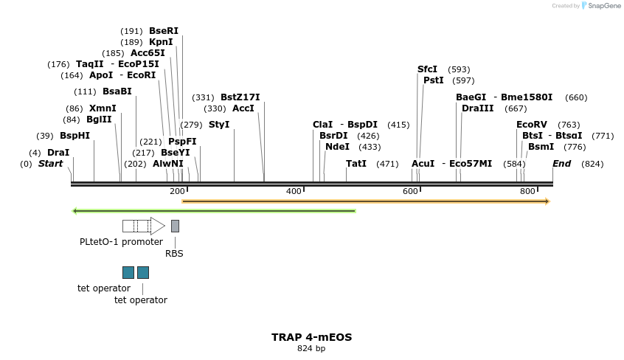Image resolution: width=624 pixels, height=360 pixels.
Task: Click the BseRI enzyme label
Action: (164, 31)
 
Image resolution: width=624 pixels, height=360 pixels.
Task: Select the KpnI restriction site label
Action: (161, 42)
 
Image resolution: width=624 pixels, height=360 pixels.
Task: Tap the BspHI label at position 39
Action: (74, 136)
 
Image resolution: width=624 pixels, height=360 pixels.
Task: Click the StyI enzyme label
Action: (219, 125)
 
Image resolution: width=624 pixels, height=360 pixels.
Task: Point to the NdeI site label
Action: (337, 147)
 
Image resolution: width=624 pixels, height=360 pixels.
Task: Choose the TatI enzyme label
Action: (356, 164)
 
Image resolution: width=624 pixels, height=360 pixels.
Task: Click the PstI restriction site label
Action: (434, 80)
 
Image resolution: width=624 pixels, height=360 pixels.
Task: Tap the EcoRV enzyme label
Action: (532, 125)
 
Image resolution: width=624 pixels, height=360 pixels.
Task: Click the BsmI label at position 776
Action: (541, 147)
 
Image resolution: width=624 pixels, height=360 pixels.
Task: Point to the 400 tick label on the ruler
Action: (294, 192)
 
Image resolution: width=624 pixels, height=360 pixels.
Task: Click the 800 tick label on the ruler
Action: (527, 192)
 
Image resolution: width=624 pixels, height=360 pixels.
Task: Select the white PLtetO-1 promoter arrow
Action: (143, 226)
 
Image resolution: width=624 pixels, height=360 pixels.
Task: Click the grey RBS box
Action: (175, 226)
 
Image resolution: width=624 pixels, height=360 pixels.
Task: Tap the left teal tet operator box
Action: (128, 272)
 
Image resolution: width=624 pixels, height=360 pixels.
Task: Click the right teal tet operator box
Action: (143, 272)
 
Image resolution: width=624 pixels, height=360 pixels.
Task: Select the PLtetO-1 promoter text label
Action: (121, 242)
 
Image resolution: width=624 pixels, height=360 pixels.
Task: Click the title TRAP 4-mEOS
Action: (311, 337)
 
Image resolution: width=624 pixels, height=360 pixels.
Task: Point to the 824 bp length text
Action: (311, 349)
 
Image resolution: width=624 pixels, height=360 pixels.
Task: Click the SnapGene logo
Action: (601, 6)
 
